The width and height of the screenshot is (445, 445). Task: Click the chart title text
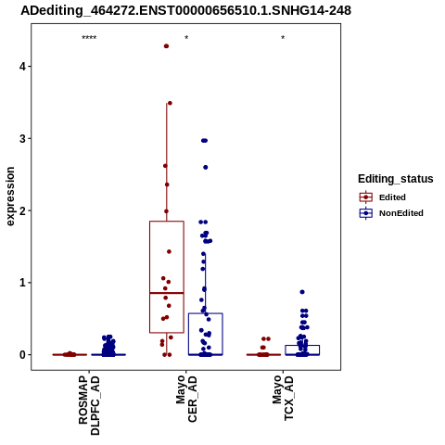[x=185, y=11]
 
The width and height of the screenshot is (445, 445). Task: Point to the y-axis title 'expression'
[x=10, y=197]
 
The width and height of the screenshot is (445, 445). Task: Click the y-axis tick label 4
[x=22, y=67]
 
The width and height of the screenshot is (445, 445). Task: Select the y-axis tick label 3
[x=22, y=139]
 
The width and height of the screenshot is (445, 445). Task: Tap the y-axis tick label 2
[x=22, y=210]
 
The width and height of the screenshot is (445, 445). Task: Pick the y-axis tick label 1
[x=22, y=283]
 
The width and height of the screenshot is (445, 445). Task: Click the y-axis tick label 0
[x=22, y=355]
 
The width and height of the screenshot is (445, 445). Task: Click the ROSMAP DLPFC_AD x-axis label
[x=89, y=405]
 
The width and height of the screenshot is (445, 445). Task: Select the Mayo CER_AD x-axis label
[x=186, y=399]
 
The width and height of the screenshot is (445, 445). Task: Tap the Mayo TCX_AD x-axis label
[x=283, y=398]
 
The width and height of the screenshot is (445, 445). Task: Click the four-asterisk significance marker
[x=89, y=38]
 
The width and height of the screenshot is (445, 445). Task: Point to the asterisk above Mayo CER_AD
[x=186, y=38]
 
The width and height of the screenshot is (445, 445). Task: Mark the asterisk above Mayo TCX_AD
[x=283, y=38]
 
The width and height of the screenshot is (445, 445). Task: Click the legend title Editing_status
[x=396, y=179]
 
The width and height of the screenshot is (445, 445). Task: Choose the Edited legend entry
[x=383, y=197]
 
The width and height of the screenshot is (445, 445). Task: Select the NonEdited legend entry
[x=391, y=213]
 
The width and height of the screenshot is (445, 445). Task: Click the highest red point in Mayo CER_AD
[x=166, y=46]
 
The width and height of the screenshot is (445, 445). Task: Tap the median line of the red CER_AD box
[x=167, y=293]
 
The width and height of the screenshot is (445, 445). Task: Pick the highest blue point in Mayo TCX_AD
[x=302, y=292]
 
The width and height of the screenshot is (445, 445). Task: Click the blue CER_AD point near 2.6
[x=206, y=167]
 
